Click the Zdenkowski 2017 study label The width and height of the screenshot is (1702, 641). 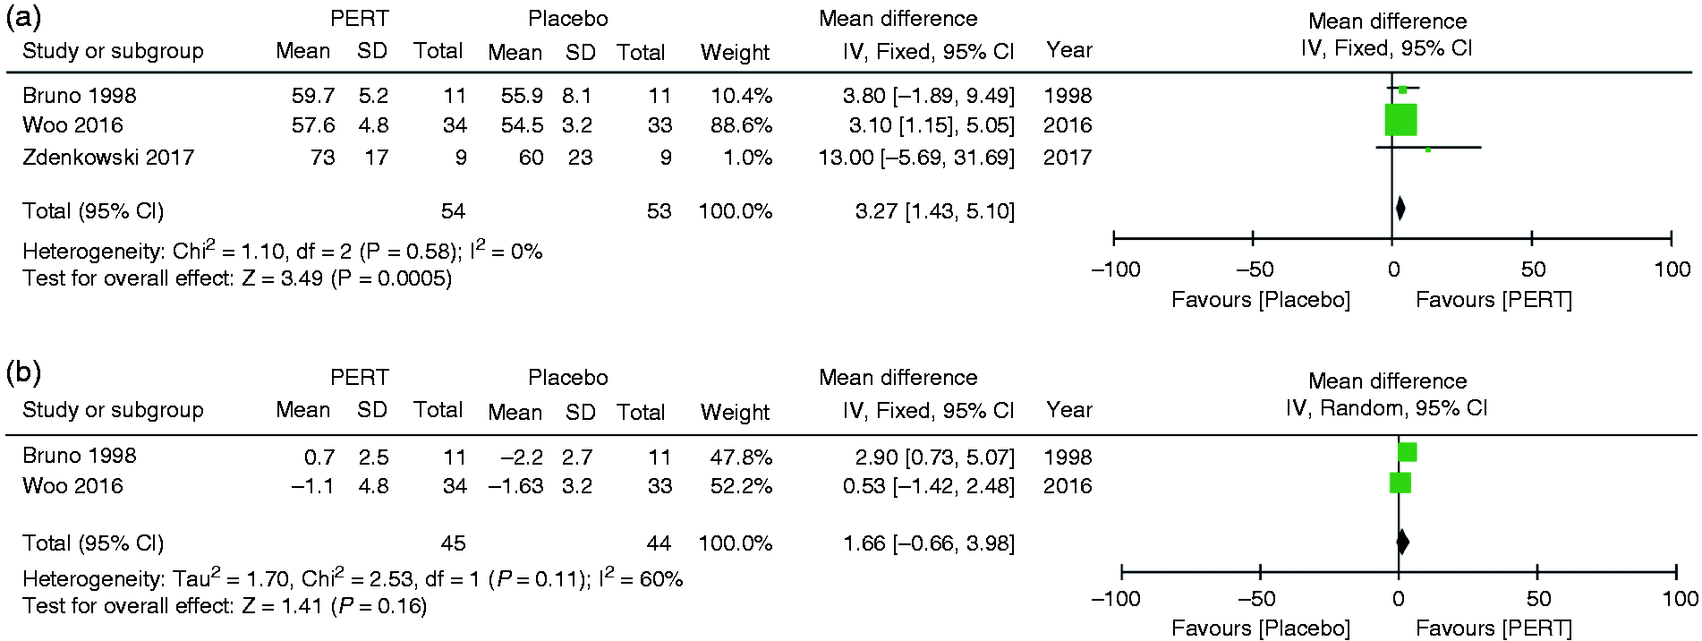tap(108, 158)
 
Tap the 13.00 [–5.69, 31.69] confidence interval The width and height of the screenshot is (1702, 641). tap(916, 158)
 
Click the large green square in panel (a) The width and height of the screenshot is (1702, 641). tap(1400, 120)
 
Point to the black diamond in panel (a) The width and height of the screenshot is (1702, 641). tap(1400, 209)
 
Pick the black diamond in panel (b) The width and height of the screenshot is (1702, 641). tap(1402, 542)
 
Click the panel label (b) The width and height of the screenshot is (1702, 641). tap(24, 372)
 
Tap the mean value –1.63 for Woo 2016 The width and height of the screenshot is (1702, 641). tap(515, 486)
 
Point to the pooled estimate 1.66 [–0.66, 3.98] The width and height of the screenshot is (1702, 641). tap(929, 543)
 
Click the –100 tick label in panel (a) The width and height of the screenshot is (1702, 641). tap(1115, 269)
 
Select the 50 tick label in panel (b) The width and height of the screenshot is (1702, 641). tap(1538, 599)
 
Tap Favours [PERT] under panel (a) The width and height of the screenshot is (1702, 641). tap(1494, 300)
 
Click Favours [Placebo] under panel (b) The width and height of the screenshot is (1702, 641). tap(1261, 628)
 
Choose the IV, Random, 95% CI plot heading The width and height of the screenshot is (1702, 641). tap(1386, 408)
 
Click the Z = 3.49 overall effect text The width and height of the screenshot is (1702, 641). tap(283, 278)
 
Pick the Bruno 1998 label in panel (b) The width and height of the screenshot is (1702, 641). tap(80, 456)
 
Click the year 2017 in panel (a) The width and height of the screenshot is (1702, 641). tap(1068, 158)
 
